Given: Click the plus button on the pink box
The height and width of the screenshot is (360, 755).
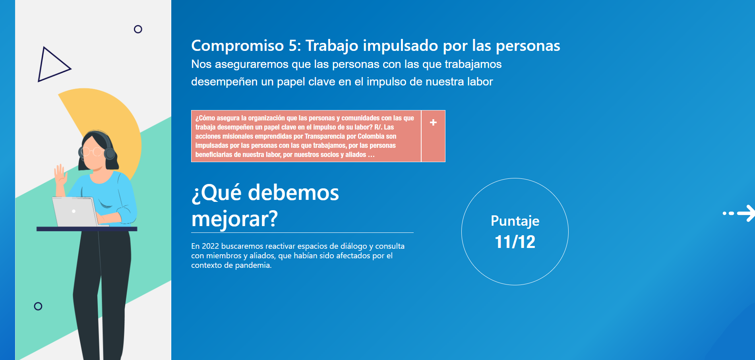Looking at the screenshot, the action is (433, 122).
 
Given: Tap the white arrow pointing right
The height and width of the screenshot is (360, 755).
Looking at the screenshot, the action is (739, 213).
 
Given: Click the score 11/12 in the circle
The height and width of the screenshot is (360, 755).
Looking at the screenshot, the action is (515, 242).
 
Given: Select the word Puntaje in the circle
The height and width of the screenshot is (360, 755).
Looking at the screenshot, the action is (515, 221).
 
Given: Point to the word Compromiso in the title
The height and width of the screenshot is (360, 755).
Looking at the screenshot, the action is (238, 46).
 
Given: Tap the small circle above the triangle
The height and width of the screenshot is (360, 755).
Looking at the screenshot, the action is (138, 29).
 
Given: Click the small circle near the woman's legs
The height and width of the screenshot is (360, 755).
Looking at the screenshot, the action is (38, 306).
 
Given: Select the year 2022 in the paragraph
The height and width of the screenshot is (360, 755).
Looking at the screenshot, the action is (210, 246).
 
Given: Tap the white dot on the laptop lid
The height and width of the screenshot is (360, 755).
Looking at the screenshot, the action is (74, 211).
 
